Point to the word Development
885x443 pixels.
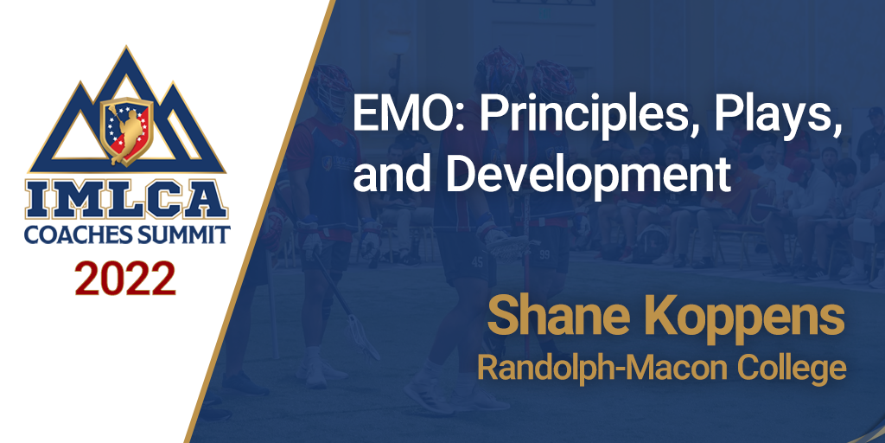tap(588, 174)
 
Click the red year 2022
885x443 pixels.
tap(124, 279)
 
